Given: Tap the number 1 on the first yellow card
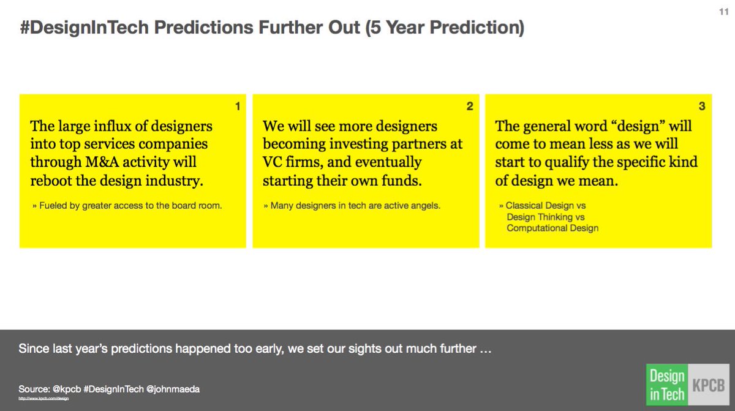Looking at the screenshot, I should pos(238,107).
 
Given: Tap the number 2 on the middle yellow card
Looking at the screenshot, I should pos(470,107).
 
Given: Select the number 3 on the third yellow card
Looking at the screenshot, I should pos(702,107).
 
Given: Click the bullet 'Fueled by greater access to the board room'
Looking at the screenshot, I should pos(127,206).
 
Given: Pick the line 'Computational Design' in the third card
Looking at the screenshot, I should pos(552,228).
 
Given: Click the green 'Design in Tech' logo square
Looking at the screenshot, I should pos(666,384).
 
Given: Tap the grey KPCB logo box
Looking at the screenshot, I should pos(707,384).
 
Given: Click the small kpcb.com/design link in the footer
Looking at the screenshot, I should pos(43,399).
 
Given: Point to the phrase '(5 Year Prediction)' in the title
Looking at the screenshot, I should pos(445,29).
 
